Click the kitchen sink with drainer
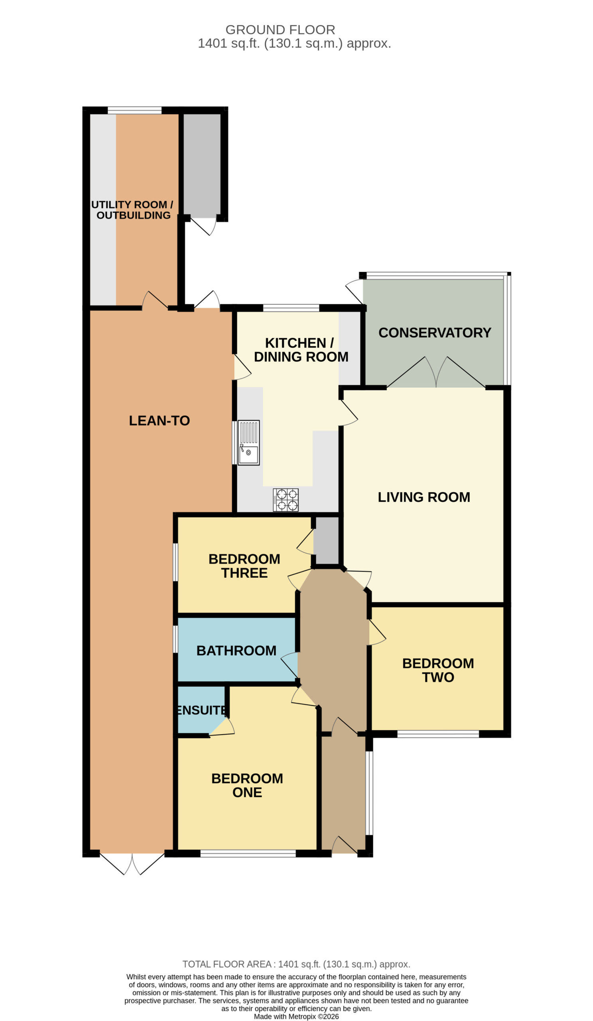248,442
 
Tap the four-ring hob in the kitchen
286,500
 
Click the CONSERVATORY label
435,333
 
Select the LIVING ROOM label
424,497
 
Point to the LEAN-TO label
159,420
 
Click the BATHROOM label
236,650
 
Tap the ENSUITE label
201,710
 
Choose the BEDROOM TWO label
438,670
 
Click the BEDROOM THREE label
244,566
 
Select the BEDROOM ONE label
247,785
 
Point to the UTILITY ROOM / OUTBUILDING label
132,210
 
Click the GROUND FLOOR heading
280,30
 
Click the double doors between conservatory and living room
436,372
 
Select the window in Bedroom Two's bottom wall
438,734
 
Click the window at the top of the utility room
134,110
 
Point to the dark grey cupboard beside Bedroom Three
327,541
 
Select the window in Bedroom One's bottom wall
248,853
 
